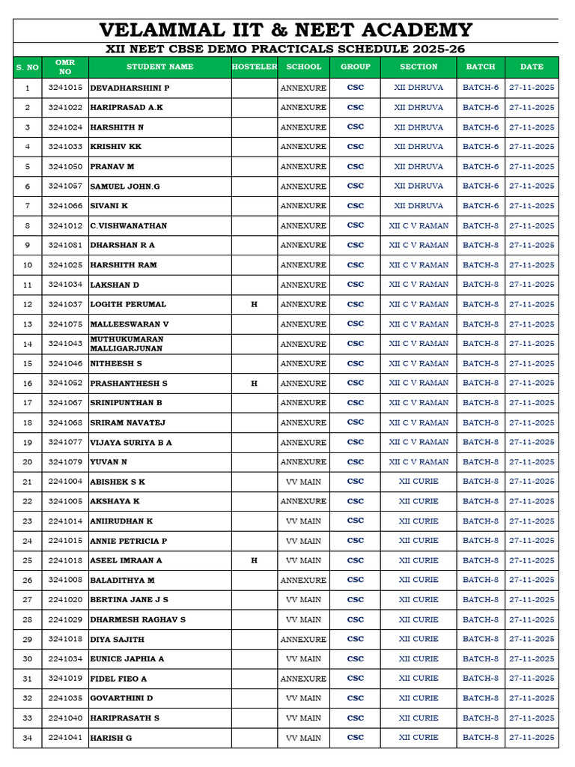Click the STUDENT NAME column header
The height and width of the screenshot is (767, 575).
click(x=159, y=67)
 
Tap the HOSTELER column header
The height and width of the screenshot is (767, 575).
click(x=254, y=67)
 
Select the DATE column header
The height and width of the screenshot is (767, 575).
click(x=532, y=67)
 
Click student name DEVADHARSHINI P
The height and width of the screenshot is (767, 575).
click(x=130, y=88)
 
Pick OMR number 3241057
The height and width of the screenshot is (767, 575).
click(x=65, y=186)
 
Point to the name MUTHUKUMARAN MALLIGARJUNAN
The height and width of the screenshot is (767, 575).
click(x=127, y=344)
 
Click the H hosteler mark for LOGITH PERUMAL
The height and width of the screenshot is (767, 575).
click(x=254, y=304)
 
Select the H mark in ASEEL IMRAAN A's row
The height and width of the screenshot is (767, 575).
click(x=254, y=560)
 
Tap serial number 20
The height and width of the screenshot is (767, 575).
click(x=28, y=462)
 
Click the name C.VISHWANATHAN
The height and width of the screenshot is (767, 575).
click(x=129, y=225)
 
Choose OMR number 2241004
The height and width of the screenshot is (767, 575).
click(x=65, y=482)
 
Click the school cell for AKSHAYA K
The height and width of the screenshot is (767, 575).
click(x=303, y=501)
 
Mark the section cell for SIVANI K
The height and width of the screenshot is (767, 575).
click(x=419, y=205)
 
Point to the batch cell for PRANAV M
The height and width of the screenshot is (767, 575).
click(x=481, y=166)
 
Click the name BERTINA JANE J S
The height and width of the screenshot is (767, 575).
click(x=129, y=599)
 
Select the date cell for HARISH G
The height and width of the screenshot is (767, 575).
click(x=532, y=738)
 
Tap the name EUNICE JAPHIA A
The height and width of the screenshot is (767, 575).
click(x=127, y=658)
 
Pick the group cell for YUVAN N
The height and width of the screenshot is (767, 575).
click(x=356, y=462)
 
